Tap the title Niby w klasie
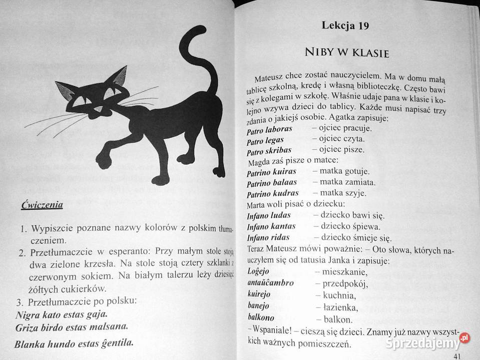point(346,52)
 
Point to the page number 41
point(457,355)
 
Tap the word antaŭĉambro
point(270,283)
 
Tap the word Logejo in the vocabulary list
point(258,271)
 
